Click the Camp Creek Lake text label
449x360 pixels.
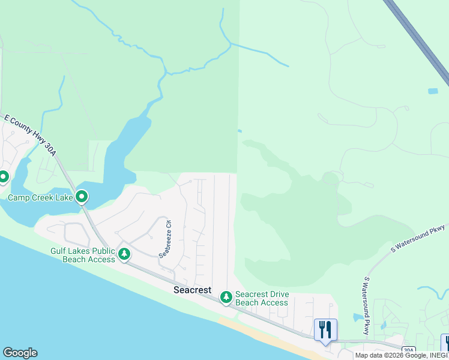pyautogui.click(x=40, y=197)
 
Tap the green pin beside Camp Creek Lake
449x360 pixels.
pyautogui.click(x=82, y=196)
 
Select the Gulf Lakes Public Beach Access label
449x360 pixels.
pyautogui.click(x=83, y=255)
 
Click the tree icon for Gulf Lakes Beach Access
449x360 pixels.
pyautogui.click(x=124, y=254)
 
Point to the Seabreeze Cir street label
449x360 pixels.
pyautogui.click(x=164, y=238)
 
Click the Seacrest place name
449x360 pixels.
pyautogui.click(x=192, y=290)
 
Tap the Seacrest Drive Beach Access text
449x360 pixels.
pyautogui.click(x=262, y=298)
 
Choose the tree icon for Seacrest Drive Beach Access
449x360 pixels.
pyautogui.click(x=226, y=297)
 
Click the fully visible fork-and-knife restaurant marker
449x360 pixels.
pyautogui.click(x=325, y=329)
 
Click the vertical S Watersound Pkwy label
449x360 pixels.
pyautogui.click(x=366, y=305)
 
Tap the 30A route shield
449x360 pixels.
pyautogui.click(x=408, y=350)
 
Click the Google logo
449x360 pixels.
pyautogui.click(x=20, y=353)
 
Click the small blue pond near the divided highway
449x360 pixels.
pyautogui.click(x=433, y=91)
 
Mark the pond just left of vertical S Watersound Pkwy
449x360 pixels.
pyautogui.click(x=358, y=317)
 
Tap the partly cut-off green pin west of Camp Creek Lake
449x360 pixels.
pyautogui.click(x=3, y=177)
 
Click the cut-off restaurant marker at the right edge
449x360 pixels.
pyautogui.click(x=445, y=343)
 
